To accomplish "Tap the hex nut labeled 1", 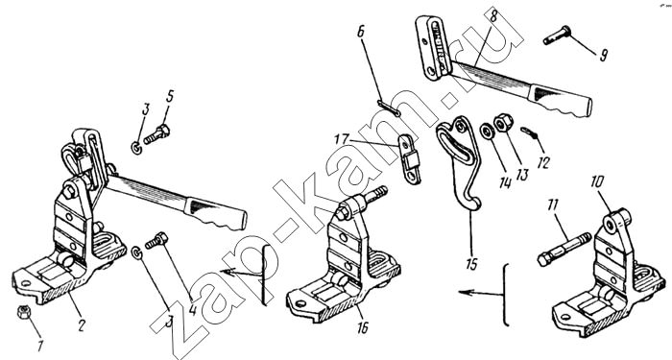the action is tap(23, 312).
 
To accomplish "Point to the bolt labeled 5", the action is tap(156, 134).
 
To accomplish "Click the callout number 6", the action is tap(360, 32).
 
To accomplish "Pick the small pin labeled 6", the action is tap(389, 108).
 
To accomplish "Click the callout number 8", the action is tap(493, 16).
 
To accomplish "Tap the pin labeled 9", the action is tap(557, 36).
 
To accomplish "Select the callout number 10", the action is tap(597, 182).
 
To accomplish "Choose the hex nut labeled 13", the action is tap(503, 122).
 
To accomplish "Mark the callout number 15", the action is tap(471, 264).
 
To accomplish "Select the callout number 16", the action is tap(363, 328).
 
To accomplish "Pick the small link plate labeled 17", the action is tap(410, 159).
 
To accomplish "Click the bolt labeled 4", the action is tap(156, 240).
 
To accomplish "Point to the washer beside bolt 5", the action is tap(136, 148).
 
